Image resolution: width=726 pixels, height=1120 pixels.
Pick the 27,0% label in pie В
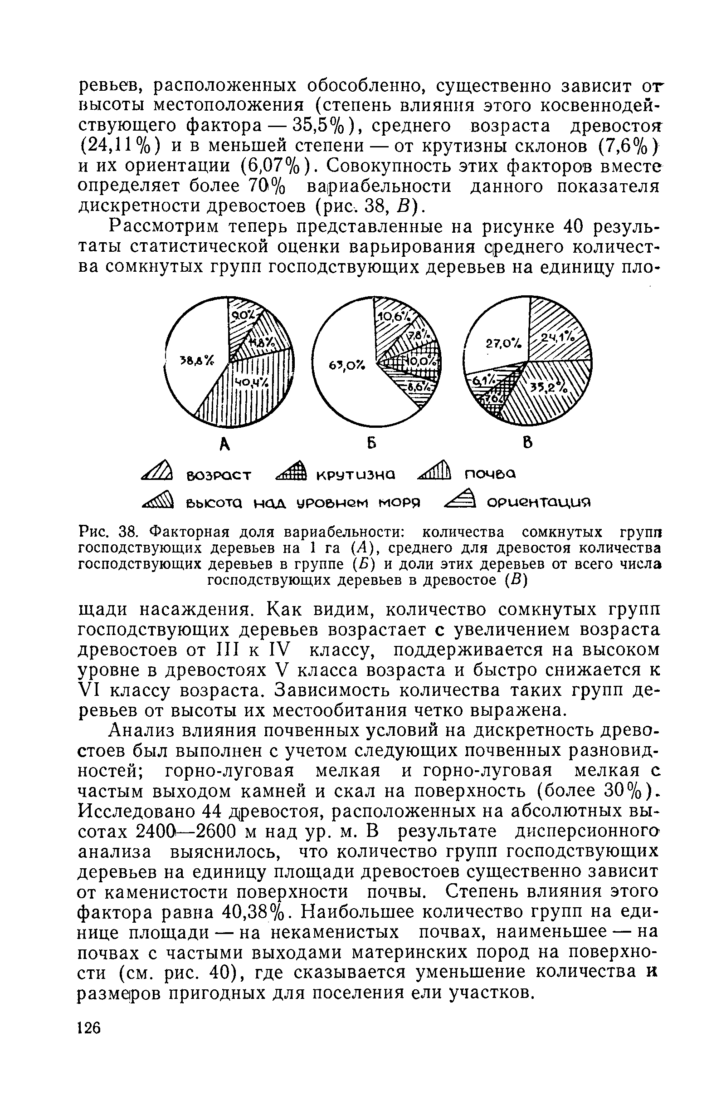(497, 344)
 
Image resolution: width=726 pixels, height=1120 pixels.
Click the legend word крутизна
(356, 474)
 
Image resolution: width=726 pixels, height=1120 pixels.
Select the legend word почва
(490, 474)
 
